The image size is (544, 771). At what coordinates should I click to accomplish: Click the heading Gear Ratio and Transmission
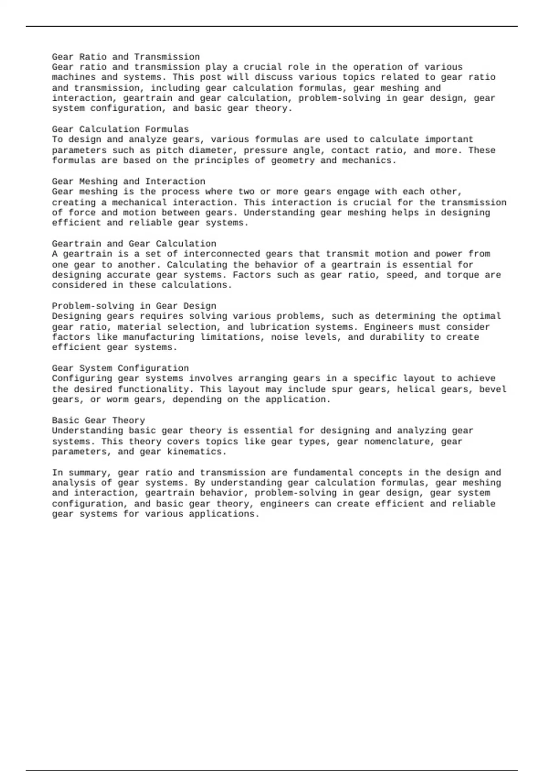tap(126, 57)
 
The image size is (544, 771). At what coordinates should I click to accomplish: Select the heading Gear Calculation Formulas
tap(120, 129)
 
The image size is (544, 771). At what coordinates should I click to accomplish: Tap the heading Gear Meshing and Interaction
tap(128, 181)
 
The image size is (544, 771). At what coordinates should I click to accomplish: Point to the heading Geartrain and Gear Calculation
tap(134, 244)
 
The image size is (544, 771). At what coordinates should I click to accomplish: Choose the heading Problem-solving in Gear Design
tap(134, 306)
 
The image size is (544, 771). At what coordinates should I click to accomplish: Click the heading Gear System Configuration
tap(120, 368)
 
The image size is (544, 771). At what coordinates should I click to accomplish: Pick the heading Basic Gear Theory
tap(98, 420)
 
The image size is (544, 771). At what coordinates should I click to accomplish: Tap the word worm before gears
tap(117, 400)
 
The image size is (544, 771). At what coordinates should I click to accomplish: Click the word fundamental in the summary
tap(319, 473)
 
